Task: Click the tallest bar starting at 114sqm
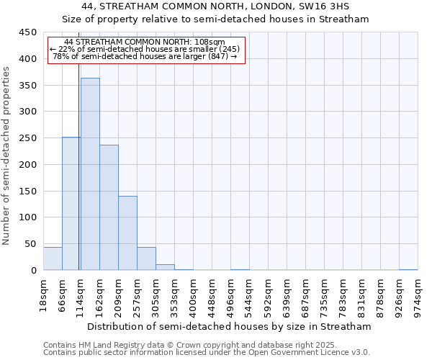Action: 90,174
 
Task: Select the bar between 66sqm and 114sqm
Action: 71,204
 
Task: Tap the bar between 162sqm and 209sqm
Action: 109,207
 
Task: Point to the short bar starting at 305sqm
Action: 165,267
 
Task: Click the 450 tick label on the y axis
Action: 28,32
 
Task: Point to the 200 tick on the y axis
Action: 28,165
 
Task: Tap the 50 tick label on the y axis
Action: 31,244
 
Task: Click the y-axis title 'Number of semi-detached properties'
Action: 7,156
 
